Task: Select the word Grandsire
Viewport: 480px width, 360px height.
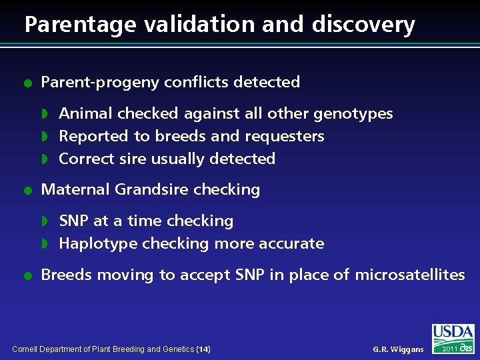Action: click(x=150, y=189)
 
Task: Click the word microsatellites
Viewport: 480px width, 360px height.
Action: click(x=410, y=275)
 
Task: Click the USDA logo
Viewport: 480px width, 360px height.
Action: click(x=453, y=338)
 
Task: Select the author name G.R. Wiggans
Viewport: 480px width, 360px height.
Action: click(x=398, y=349)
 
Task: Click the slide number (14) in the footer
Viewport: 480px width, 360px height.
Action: click(x=204, y=349)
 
